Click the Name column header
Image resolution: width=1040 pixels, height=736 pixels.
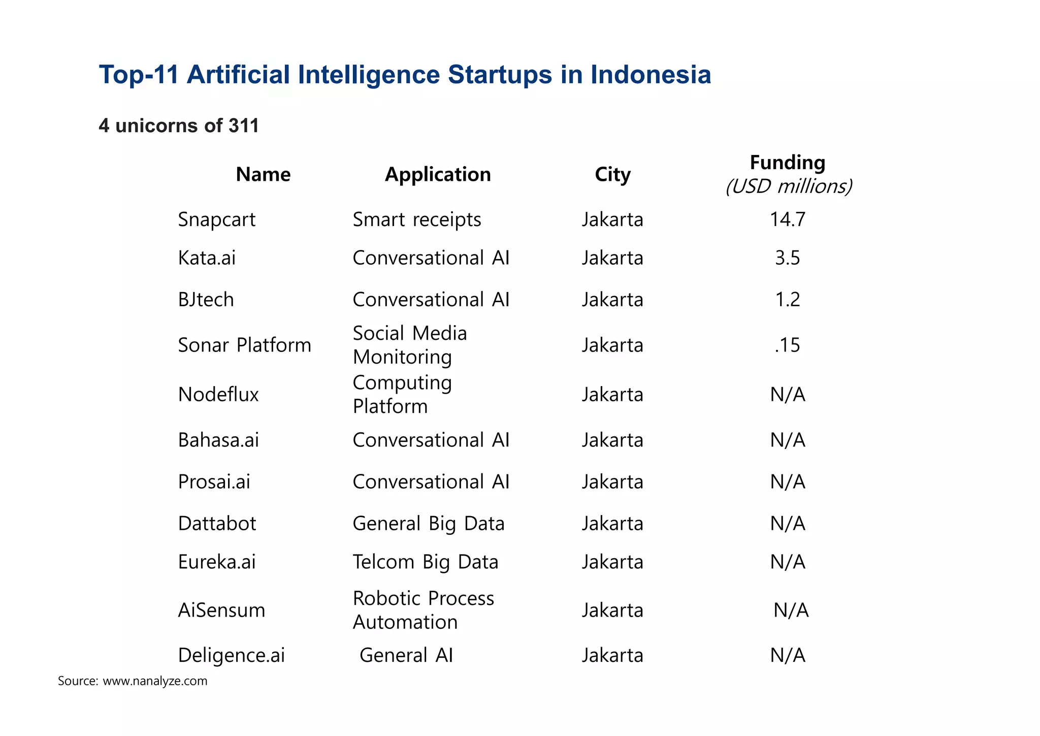pos(263,175)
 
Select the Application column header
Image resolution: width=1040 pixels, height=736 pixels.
pos(438,175)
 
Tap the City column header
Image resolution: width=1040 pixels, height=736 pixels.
pos(612,175)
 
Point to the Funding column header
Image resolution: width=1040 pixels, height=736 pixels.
pos(788,163)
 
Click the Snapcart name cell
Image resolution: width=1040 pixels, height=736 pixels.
pos(217,219)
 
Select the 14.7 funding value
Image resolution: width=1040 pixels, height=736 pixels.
pos(788,219)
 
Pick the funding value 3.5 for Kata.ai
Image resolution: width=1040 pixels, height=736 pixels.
pos(788,258)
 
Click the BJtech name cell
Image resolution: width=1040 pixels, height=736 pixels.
pos(206,300)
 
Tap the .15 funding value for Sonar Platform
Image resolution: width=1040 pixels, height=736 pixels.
pos(788,345)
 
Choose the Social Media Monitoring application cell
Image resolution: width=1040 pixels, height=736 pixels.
pos(410,345)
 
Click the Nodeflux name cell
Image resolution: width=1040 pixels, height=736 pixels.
pos(218,395)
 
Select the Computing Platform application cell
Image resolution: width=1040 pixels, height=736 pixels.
pos(402,395)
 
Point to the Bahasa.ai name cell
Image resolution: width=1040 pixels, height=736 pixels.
pos(218,440)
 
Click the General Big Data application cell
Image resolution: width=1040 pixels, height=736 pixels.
pos(429,524)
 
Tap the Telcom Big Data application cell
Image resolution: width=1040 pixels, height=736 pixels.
pos(426,562)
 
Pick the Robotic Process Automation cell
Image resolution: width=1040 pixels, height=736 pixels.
pos(423,610)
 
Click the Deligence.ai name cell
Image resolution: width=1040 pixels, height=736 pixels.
pos(231,655)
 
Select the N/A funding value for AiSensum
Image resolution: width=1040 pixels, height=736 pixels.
pos(791,610)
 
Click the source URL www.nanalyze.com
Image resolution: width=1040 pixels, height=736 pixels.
pos(155,681)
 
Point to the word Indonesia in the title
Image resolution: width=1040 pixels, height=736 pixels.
pos(651,75)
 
